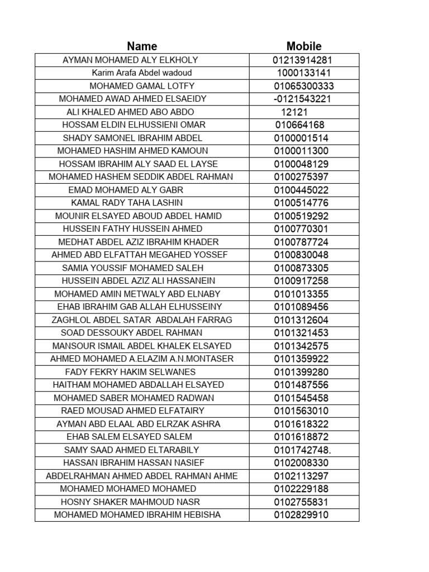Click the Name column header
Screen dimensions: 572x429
tap(142, 46)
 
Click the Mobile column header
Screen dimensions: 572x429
tap(304, 46)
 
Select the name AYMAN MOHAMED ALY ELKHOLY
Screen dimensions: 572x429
tap(131, 60)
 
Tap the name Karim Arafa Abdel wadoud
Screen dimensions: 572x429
tap(142, 73)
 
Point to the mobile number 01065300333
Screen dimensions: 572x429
tap(304, 87)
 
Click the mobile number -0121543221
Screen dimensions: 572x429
tap(303, 99)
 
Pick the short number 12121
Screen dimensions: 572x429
tap(294, 112)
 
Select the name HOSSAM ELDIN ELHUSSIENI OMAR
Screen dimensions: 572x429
tap(134, 125)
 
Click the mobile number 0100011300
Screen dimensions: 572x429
tap(302, 151)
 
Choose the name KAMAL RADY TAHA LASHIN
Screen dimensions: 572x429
tap(127, 203)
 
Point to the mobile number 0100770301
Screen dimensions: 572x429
tap(302, 229)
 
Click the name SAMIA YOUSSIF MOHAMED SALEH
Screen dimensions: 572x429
tap(133, 268)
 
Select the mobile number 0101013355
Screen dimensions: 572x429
tap(302, 294)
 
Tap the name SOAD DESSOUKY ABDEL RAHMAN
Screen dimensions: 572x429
tap(132, 333)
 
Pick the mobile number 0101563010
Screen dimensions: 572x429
tap(302, 411)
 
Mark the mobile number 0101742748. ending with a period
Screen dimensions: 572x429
tap(303, 450)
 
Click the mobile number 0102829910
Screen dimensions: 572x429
tap(302, 515)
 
